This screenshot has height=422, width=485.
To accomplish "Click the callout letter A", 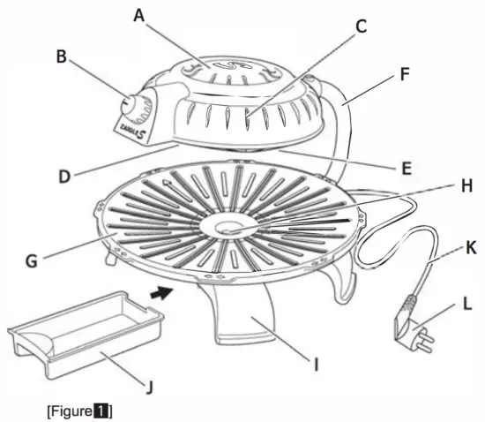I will click(138, 15).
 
